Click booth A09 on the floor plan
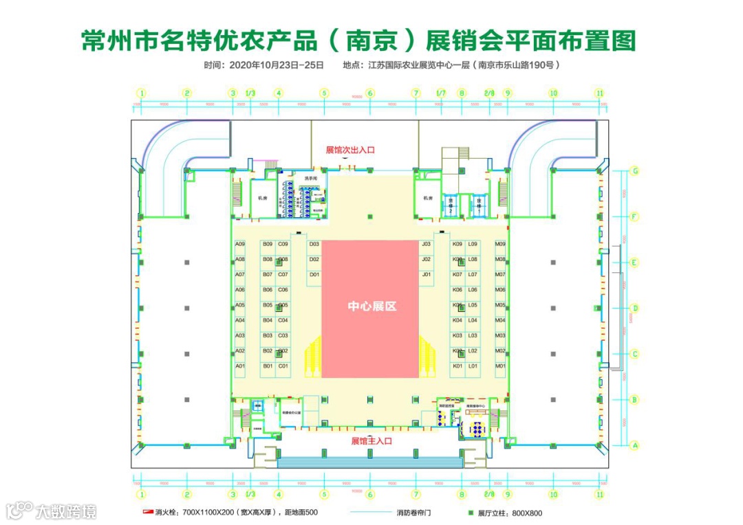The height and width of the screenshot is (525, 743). point(240,244)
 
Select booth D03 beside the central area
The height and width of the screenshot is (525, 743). point(314,244)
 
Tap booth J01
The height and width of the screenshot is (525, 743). point(427,275)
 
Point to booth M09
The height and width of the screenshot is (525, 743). point(500,244)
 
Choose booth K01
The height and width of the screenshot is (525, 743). point(457,366)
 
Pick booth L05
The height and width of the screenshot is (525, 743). point(473,305)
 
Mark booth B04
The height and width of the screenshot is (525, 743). point(268,320)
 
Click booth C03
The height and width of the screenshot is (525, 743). point(283,336)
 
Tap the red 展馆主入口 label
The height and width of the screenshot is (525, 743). point(371,440)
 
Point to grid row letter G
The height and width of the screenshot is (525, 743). point(636,171)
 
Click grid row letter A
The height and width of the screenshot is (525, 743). point(636,445)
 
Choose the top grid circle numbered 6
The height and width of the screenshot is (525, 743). point(369,93)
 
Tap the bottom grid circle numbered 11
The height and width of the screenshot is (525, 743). point(599,494)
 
